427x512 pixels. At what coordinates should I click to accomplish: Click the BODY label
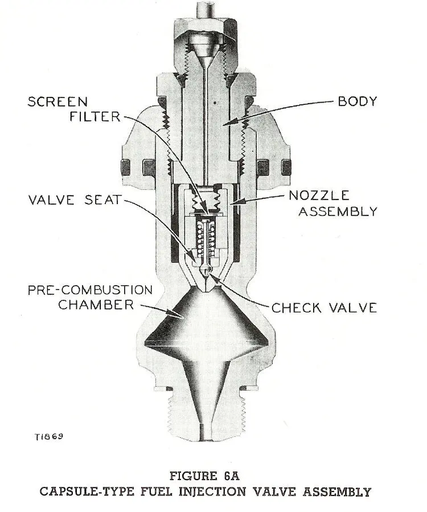click(357, 102)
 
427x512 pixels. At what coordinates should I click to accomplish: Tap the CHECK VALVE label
click(324, 308)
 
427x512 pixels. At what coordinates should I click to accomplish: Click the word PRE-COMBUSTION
click(91, 289)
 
